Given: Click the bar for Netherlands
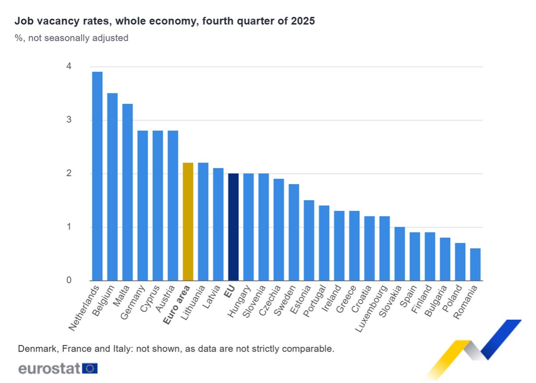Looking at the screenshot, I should (x=97, y=176).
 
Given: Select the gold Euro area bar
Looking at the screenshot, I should (x=188, y=221).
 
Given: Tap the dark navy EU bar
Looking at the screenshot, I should (x=233, y=227).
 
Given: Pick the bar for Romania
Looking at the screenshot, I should (x=475, y=264).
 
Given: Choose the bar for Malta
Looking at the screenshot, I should (x=127, y=192).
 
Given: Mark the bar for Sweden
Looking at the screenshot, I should (x=293, y=232).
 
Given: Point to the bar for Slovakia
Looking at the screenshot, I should (x=399, y=254).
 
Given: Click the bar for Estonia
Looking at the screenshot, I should (x=309, y=240).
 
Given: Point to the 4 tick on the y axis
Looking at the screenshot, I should (x=69, y=67).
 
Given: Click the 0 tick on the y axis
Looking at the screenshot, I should (x=69, y=280).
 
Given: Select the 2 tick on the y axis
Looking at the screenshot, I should (x=69, y=174).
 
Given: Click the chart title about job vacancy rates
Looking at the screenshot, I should (x=165, y=21).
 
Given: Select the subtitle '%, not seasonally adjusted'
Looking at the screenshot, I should (x=71, y=38).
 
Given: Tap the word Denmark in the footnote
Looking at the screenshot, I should (x=35, y=349).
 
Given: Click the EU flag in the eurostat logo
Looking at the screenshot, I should (x=90, y=368).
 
